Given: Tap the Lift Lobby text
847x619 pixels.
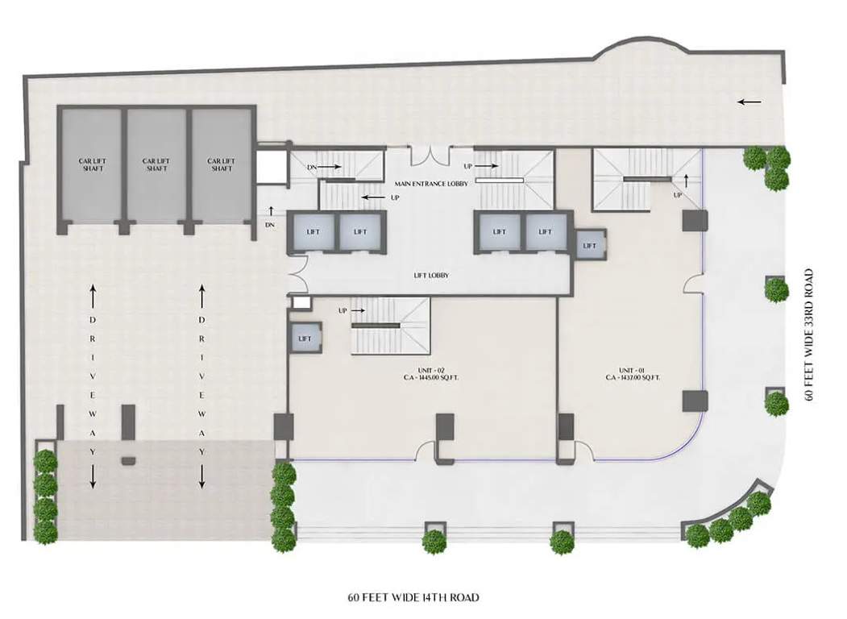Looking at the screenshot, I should point(430,276).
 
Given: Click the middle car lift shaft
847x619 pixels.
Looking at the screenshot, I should point(156,165).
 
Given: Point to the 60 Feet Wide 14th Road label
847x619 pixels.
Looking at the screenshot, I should point(413,597).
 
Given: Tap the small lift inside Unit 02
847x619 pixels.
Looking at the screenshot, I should point(305,339).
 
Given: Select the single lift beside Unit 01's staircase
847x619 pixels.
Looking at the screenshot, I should point(590,245).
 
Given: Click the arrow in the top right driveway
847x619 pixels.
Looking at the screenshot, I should point(749,102).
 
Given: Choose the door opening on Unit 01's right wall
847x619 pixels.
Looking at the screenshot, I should point(694,284).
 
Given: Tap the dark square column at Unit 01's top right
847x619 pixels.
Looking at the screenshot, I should point(694,220).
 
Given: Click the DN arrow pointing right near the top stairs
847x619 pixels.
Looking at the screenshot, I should point(332,168).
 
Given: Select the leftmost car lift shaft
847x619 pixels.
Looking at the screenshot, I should point(92,165).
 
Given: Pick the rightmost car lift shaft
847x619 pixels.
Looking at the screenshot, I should point(221,165).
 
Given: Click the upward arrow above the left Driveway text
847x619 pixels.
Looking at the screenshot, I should point(93,296).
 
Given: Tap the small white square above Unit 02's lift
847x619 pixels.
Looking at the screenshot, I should point(301,303).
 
